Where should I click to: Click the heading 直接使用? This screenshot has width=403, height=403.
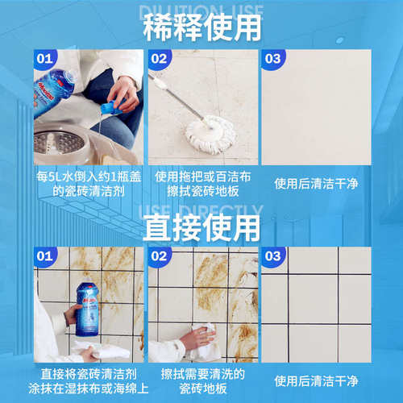point(201,228)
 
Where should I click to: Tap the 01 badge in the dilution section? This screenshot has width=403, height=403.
point(46,59)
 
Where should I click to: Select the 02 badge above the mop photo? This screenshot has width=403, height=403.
point(160,59)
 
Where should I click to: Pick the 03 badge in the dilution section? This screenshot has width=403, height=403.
point(272,59)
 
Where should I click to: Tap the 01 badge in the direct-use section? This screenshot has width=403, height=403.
point(46,257)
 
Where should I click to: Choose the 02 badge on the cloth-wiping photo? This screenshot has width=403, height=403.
point(160,257)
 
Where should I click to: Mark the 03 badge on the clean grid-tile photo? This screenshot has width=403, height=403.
point(272,257)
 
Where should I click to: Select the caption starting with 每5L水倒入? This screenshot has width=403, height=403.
point(89,183)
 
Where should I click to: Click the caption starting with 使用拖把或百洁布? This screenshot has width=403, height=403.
point(201,183)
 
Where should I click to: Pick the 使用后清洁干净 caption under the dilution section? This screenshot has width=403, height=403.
point(315,183)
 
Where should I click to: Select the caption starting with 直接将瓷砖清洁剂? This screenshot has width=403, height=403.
point(89,380)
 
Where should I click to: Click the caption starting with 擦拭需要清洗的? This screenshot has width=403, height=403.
point(201,380)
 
